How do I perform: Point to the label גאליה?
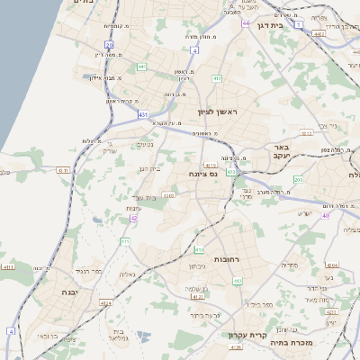(x=128, y=274)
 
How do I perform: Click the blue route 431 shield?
(x=143, y=114)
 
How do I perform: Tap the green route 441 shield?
(x=141, y=67)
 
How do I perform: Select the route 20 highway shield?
(x=109, y=44)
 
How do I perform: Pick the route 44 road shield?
(x=245, y=23)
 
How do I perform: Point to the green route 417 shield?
(x=217, y=78)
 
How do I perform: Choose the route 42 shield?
(x=134, y=218)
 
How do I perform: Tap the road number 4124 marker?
(x=106, y=303)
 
